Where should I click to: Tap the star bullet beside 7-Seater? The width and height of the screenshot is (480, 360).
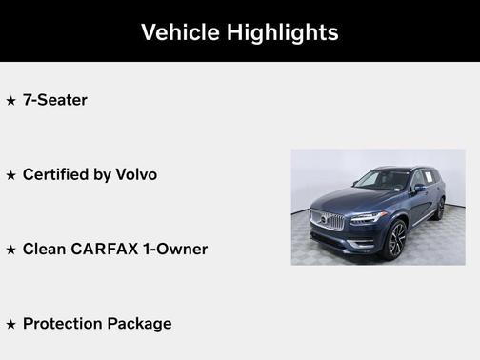tap(10, 100)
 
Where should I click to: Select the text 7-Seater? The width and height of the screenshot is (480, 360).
tap(54, 100)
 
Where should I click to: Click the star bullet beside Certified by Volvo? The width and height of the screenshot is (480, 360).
tap(10, 175)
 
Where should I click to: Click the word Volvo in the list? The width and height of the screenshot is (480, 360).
tap(136, 175)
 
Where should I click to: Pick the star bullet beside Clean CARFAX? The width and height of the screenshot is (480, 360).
tap(10, 250)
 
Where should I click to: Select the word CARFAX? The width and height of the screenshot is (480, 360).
tap(110, 250)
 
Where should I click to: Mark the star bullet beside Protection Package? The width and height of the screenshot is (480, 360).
tap(10, 324)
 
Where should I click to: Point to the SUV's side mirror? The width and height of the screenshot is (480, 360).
tap(420, 189)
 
